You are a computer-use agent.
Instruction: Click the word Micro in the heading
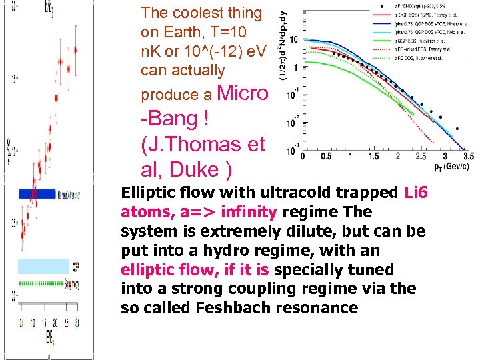click(x=243, y=93)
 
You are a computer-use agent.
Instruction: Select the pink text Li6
click(x=419, y=193)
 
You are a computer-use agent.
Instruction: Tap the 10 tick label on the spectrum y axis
click(x=292, y=40)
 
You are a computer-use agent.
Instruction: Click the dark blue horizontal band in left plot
click(x=37, y=193)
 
